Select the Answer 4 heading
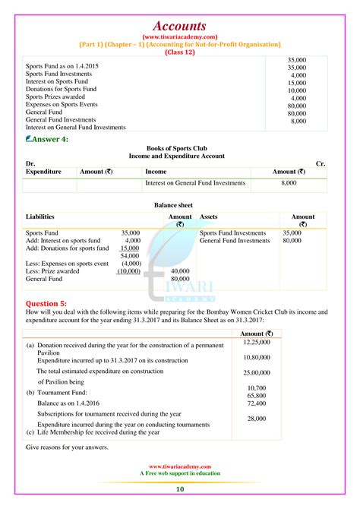coord(48,139)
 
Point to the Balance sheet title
coord(180,204)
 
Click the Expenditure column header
coord(43,172)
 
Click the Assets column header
coord(209,217)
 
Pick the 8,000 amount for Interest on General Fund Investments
coord(289,183)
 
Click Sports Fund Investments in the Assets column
coord(232,232)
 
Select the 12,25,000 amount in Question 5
coord(263,343)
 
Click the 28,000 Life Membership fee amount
coord(256,419)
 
